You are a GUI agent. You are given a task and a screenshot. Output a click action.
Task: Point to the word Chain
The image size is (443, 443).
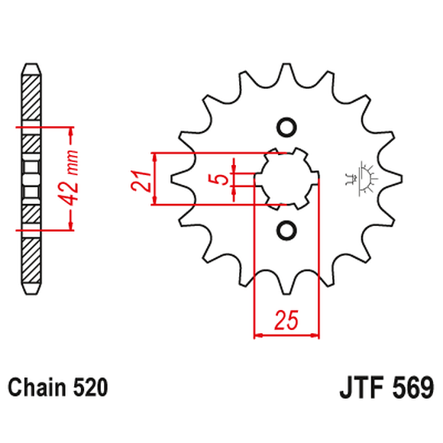pyautogui.click(x=36, y=387)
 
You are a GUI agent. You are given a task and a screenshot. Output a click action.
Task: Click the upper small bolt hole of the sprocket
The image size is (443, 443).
pyautogui.click(x=286, y=127)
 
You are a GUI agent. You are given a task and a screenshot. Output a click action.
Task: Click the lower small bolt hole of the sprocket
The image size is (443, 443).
pyautogui.click(x=286, y=230)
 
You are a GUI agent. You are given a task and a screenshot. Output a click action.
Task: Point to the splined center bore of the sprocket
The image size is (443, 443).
pyautogui.click(x=286, y=179)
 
